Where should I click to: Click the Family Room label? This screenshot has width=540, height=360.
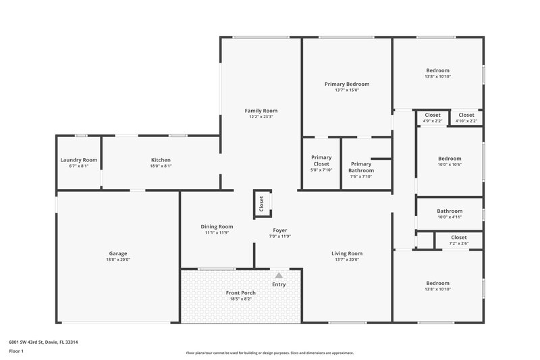click(x=261, y=111)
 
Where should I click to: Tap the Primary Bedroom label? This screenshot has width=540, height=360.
click(x=346, y=84)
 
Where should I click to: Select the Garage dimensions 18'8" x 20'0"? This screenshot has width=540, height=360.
click(x=118, y=259)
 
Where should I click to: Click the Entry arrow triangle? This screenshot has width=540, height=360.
click(x=279, y=276)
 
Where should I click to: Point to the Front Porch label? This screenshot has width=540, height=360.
click(x=240, y=292)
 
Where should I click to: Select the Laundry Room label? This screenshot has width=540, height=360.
click(x=79, y=160)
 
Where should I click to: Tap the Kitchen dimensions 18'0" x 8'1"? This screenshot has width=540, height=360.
click(x=161, y=165)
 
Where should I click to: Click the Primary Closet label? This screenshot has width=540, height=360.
click(x=321, y=161)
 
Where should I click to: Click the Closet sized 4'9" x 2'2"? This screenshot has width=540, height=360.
click(x=433, y=115)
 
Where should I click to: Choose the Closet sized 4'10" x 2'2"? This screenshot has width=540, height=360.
click(x=466, y=115)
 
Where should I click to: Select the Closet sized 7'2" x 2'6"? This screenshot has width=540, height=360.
click(x=458, y=238)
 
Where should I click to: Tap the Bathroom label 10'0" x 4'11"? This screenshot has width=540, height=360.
click(x=450, y=211)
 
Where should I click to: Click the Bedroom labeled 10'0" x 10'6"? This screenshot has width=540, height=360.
click(x=450, y=159)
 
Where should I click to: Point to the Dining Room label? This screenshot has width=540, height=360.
click(x=217, y=227)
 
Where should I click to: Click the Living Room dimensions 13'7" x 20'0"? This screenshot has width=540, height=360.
click(x=347, y=259)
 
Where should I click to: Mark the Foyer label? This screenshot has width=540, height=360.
click(x=279, y=230)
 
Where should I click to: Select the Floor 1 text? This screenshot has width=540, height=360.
click(x=16, y=352)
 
